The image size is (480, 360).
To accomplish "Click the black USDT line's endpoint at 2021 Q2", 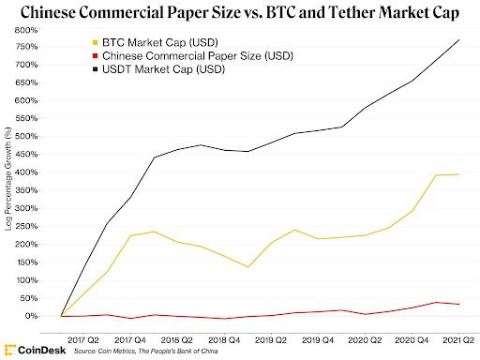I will pyautogui.click(x=457, y=39).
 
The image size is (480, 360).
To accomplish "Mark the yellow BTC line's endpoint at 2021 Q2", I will pyautogui.click(x=457, y=174).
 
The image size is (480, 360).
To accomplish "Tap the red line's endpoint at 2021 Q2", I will pyautogui.click(x=457, y=304).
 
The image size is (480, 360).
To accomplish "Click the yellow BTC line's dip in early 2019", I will pyautogui.click(x=247, y=267).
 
